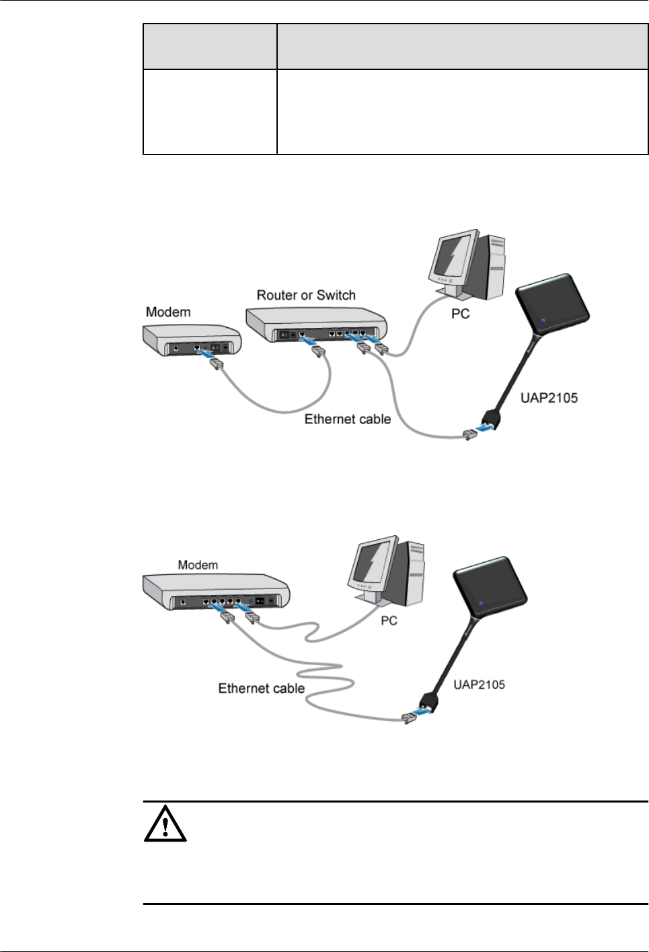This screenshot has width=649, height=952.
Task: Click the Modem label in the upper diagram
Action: click(x=168, y=312)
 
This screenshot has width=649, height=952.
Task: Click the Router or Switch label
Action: click(x=306, y=295)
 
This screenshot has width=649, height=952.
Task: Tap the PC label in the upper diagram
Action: click(x=460, y=314)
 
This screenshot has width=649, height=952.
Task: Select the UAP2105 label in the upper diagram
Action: click(x=549, y=398)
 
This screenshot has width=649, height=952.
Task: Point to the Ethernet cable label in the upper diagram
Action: click(x=347, y=419)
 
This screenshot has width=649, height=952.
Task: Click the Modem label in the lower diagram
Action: click(x=198, y=565)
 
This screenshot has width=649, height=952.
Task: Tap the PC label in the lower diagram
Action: click(x=389, y=620)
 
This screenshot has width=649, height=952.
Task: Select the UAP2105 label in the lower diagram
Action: click(x=479, y=685)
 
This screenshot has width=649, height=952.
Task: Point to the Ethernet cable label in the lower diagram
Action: click(x=261, y=688)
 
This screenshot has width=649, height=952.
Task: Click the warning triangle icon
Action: click(x=165, y=823)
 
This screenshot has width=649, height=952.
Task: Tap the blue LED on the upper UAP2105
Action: click(x=542, y=320)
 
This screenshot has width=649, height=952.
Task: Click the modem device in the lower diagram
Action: click(x=215, y=590)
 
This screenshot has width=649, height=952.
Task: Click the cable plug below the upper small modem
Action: click(x=216, y=364)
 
